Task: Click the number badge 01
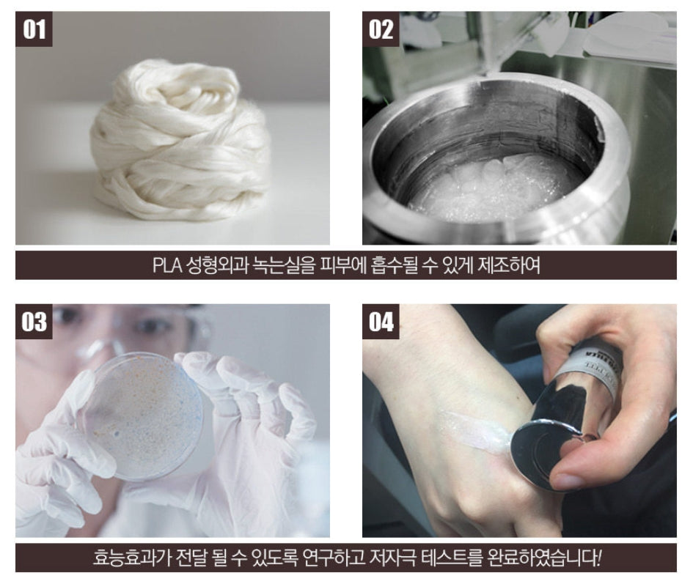click(x=34, y=29)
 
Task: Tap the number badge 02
click(x=381, y=29)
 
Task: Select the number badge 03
click(x=34, y=321)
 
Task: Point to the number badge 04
click(x=381, y=321)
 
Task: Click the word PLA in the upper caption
click(x=167, y=265)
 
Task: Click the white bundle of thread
click(x=180, y=141)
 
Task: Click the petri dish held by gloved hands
click(x=142, y=415)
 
